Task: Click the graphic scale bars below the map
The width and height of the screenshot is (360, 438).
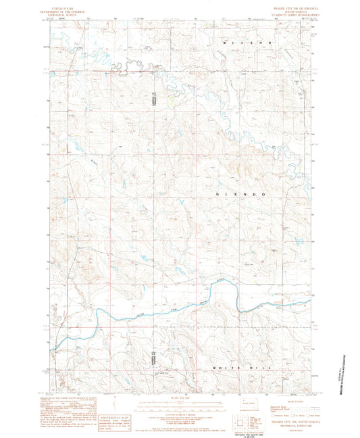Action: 180,406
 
